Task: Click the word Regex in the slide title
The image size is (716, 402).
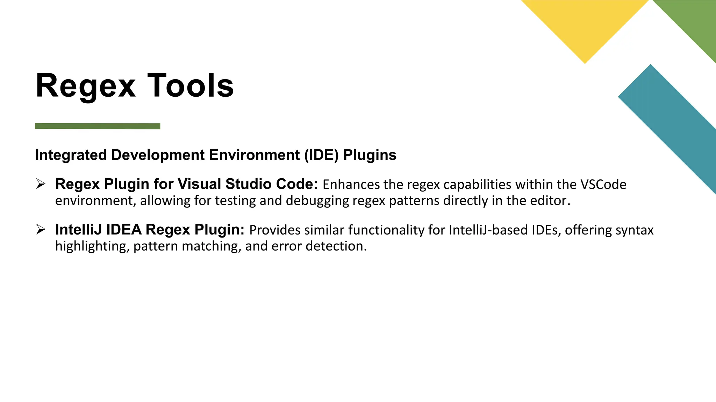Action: point(86,86)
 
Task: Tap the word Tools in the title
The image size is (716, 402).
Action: point(191,86)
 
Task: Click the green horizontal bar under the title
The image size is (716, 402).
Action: point(98,126)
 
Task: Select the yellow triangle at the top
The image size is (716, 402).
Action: point(585,24)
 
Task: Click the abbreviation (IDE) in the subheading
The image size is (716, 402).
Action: point(321,155)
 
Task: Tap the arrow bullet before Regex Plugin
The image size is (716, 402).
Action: point(41,184)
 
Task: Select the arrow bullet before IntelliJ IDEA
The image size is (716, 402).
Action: point(41,229)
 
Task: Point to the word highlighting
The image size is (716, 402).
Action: point(92,246)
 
